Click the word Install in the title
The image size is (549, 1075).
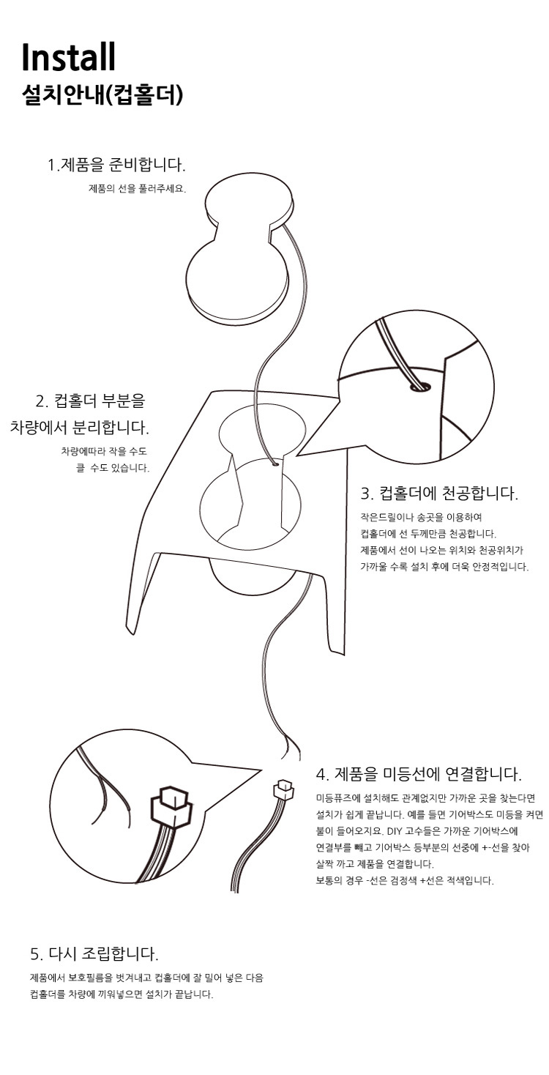pos(69,57)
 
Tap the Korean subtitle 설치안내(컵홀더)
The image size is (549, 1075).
pos(102,95)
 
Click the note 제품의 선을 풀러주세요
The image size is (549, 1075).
pos(138,189)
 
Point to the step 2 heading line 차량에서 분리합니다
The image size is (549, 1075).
pos(80,427)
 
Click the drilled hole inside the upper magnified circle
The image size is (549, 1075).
pos(419,386)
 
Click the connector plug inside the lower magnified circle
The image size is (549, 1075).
pos(171,807)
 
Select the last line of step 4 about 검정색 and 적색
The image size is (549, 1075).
pos(405,881)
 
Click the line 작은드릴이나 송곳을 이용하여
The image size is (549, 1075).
pos(421,517)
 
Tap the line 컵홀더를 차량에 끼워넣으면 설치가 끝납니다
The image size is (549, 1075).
pos(122,994)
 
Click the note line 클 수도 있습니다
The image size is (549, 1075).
pos(113,468)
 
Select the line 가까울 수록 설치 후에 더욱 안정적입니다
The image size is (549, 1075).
pos(444,567)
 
